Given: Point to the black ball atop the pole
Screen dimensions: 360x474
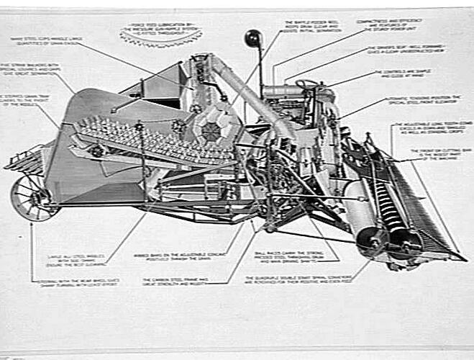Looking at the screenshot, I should click(x=253, y=37).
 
